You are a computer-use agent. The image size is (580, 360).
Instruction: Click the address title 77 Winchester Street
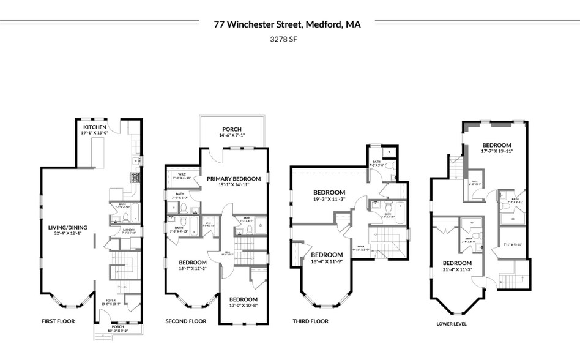287,24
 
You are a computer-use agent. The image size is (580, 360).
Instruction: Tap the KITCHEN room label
95,127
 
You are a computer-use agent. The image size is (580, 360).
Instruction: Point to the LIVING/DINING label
68,228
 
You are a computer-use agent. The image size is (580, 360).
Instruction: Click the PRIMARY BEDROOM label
233,179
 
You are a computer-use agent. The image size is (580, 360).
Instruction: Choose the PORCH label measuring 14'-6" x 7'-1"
232,129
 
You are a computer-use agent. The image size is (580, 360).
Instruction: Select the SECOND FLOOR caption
186,321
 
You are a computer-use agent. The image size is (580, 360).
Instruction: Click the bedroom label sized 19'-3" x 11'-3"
329,192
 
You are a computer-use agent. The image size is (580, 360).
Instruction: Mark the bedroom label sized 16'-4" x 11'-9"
327,255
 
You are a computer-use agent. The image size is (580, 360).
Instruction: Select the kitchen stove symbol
135,178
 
